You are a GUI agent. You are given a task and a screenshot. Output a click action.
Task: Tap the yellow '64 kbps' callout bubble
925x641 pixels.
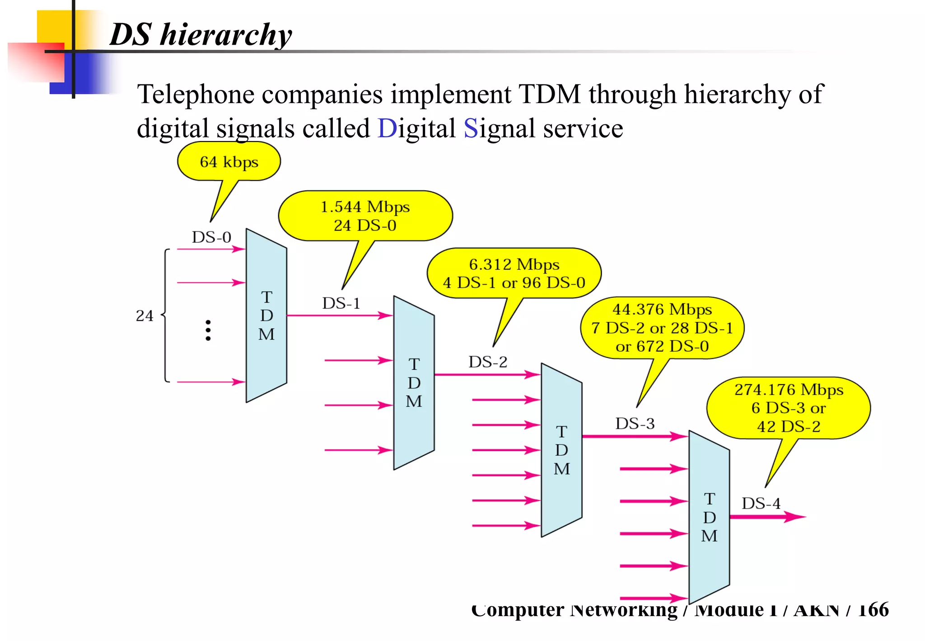(229, 161)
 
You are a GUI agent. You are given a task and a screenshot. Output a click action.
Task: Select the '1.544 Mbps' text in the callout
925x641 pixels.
(365, 207)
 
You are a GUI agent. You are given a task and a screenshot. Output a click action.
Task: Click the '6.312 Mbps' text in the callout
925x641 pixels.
(514, 264)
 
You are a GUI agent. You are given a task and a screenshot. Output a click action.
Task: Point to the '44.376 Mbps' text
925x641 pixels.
(662, 309)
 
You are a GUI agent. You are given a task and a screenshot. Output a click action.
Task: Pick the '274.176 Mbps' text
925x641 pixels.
(789, 389)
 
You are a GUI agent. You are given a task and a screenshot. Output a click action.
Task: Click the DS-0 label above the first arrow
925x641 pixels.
(211, 237)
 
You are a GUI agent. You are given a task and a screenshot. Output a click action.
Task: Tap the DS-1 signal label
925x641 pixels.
(341, 303)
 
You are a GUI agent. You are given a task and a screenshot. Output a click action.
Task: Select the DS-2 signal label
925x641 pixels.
(488, 362)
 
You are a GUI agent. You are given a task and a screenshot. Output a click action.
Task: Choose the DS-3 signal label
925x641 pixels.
(635, 424)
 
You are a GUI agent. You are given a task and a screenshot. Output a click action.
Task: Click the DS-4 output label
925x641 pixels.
(761, 503)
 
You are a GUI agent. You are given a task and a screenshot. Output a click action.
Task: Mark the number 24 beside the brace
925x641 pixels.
(145, 316)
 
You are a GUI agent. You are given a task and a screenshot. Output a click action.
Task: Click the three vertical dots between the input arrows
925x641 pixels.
(208, 330)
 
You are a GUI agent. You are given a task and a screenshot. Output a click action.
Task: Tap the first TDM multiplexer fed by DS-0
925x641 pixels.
(266, 316)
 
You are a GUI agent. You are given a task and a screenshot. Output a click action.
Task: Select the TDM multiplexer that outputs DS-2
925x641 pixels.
(414, 383)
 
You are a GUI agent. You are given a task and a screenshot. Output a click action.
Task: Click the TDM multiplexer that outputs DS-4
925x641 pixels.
(709, 517)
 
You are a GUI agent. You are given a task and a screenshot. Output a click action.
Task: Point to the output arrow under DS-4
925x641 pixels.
(768, 517)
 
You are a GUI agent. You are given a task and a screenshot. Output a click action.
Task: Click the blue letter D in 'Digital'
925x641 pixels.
(387, 128)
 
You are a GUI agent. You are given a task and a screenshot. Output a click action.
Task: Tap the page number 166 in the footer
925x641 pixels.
(873, 610)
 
